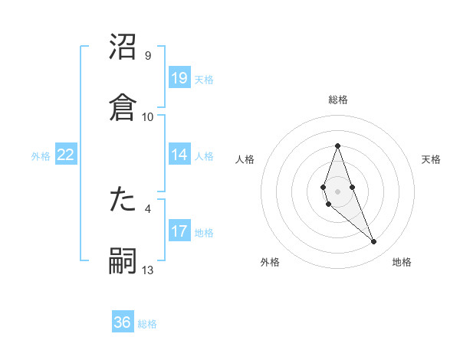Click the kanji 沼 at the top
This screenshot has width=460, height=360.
(x=123, y=47)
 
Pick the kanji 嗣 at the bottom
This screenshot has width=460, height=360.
(x=123, y=261)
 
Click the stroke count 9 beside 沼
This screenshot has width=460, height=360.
(x=148, y=56)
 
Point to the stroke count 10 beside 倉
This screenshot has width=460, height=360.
(x=148, y=116)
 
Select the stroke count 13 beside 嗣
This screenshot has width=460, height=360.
(x=148, y=270)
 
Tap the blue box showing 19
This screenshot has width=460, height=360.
(x=179, y=78)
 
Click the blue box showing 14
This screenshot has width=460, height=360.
(x=179, y=155)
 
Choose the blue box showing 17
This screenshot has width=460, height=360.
(x=179, y=231)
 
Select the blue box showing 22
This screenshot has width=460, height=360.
(x=65, y=155)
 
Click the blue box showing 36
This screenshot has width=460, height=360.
(x=123, y=322)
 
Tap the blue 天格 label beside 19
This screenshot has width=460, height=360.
(x=204, y=80)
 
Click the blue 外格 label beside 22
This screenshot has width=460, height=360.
(x=41, y=156)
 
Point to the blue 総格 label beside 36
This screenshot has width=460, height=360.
(x=147, y=324)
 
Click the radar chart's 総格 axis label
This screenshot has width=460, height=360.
(x=337, y=100)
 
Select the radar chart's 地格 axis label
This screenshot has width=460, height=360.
(x=402, y=263)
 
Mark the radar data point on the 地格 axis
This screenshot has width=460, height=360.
(x=374, y=241)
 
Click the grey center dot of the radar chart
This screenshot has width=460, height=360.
(x=337, y=190)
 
